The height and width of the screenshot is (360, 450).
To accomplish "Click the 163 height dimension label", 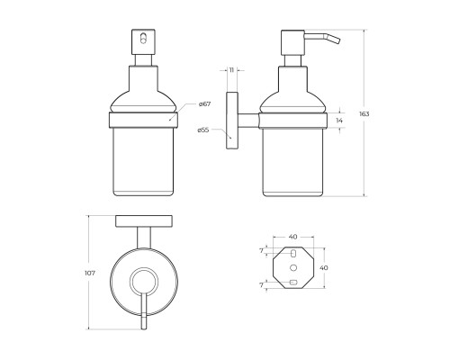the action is pyautogui.click(x=364, y=114).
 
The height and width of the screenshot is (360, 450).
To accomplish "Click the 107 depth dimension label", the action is pyautogui.click(x=90, y=274).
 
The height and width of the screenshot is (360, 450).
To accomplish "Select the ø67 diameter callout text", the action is pyautogui.click(x=204, y=104).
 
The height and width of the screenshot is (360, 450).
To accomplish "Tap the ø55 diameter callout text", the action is pyautogui.click(x=203, y=130).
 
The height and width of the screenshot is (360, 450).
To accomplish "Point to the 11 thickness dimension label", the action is pyautogui.click(x=231, y=70).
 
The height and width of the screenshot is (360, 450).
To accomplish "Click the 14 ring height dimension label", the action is pyautogui.click(x=339, y=121).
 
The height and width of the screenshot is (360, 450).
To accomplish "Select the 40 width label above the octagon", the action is pyautogui.click(x=293, y=237).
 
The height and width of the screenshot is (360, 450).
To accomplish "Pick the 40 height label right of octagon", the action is pyautogui.click(x=324, y=267).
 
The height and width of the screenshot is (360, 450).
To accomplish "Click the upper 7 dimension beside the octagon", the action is pyautogui.click(x=261, y=250).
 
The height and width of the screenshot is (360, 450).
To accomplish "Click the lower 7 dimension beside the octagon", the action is pyautogui.click(x=261, y=285).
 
